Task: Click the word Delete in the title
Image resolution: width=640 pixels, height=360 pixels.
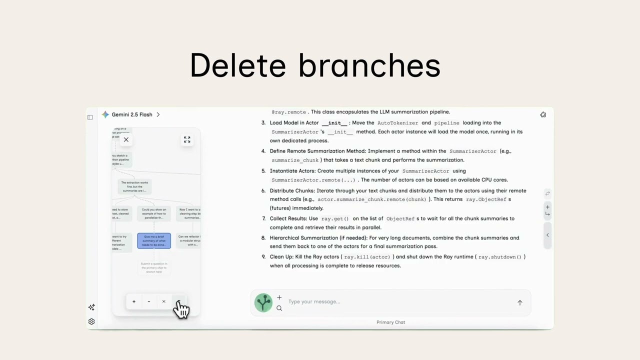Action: pyautogui.click(x=238, y=65)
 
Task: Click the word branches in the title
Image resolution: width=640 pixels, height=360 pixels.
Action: pyautogui.click(x=369, y=65)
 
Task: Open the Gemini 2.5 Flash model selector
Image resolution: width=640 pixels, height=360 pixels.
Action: pyautogui.click(x=131, y=114)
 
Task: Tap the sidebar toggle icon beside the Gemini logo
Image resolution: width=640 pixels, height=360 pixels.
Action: pyautogui.click(x=90, y=117)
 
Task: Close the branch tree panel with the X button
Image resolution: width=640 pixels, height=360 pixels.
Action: pyautogui.click(x=126, y=140)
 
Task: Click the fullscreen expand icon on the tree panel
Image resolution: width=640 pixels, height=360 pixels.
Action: pyautogui.click(x=187, y=140)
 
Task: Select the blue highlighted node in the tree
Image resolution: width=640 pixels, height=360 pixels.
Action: pyautogui.click(x=154, y=241)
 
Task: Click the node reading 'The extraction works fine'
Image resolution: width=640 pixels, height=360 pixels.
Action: pyautogui.click(x=134, y=186)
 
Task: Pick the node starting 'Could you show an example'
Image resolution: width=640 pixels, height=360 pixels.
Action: pyautogui.click(x=154, y=213)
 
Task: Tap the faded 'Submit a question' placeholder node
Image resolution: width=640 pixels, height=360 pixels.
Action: pyautogui.click(x=154, y=267)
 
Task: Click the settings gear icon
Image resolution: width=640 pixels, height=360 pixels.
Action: pyautogui.click(x=91, y=321)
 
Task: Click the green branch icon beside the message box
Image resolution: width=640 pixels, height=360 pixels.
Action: pyautogui.click(x=263, y=302)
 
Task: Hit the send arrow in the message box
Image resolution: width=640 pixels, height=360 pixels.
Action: pyautogui.click(x=519, y=302)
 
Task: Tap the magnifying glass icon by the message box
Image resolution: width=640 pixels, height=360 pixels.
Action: pyautogui.click(x=279, y=308)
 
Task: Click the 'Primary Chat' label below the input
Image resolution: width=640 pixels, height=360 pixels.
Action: pyautogui.click(x=390, y=322)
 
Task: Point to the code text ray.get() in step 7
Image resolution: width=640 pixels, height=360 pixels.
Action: pyautogui.click(x=334, y=218)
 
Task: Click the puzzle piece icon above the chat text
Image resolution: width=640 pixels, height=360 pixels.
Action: pyautogui.click(x=543, y=115)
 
